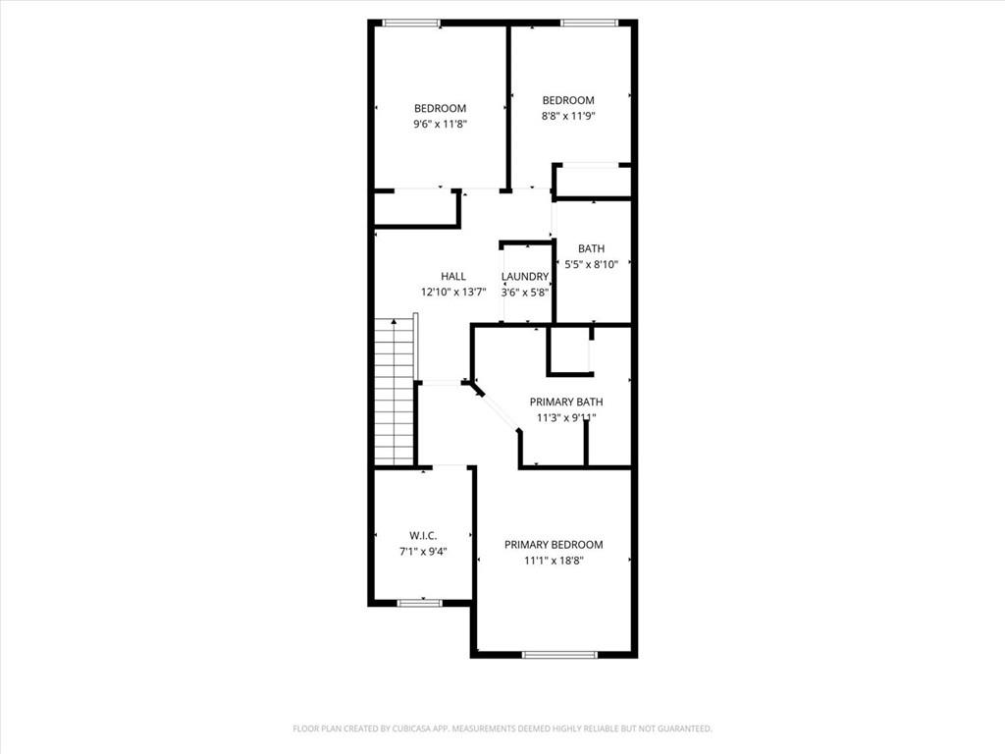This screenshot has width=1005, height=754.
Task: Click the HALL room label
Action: (x=453, y=277)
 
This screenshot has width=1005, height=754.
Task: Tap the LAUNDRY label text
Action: (x=525, y=277)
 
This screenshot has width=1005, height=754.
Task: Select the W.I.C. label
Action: (x=423, y=535)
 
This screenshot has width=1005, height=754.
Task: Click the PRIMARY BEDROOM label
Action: (x=554, y=545)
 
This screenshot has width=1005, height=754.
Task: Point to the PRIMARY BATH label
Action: (x=566, y=402)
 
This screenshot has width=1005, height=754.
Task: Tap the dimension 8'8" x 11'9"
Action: (x=568, y=116)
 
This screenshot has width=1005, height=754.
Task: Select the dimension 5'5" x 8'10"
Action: (x=591, y=264)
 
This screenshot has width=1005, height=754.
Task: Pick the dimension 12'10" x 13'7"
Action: (x=453, y=292)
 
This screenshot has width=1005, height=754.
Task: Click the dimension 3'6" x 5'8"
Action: (x=525, y=292)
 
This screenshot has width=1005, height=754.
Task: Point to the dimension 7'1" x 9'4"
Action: (x=423, y=551)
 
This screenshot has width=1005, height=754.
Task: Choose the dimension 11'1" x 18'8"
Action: (x=554, y=561)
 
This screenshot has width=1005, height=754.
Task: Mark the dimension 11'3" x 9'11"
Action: (x=566, y=417)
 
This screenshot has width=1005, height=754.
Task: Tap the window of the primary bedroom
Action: (x=559, y=654)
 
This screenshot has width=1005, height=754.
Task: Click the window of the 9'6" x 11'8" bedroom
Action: (x=411, y=23)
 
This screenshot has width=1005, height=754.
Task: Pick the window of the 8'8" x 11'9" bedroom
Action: (x=589, y=23)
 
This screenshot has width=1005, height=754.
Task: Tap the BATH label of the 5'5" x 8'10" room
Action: (x=591, y=248)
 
